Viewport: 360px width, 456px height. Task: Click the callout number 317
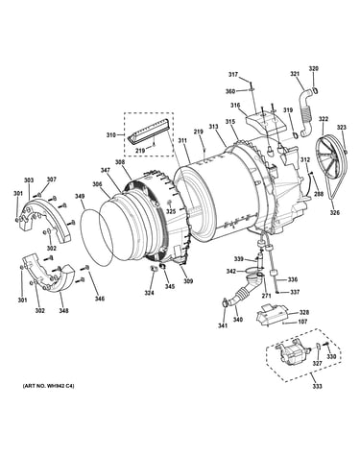233,75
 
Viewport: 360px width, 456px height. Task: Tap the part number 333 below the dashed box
318,386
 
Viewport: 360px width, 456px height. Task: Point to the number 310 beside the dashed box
111,135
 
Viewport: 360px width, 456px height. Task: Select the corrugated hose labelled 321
305,112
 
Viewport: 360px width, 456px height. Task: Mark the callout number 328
303,313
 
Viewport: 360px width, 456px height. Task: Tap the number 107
302,322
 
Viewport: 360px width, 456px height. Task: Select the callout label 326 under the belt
335,212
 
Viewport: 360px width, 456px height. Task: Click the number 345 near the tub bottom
170,286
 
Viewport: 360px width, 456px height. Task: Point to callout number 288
319,194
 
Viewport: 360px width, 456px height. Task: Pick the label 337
295,292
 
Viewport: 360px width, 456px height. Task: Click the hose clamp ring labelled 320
315,90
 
